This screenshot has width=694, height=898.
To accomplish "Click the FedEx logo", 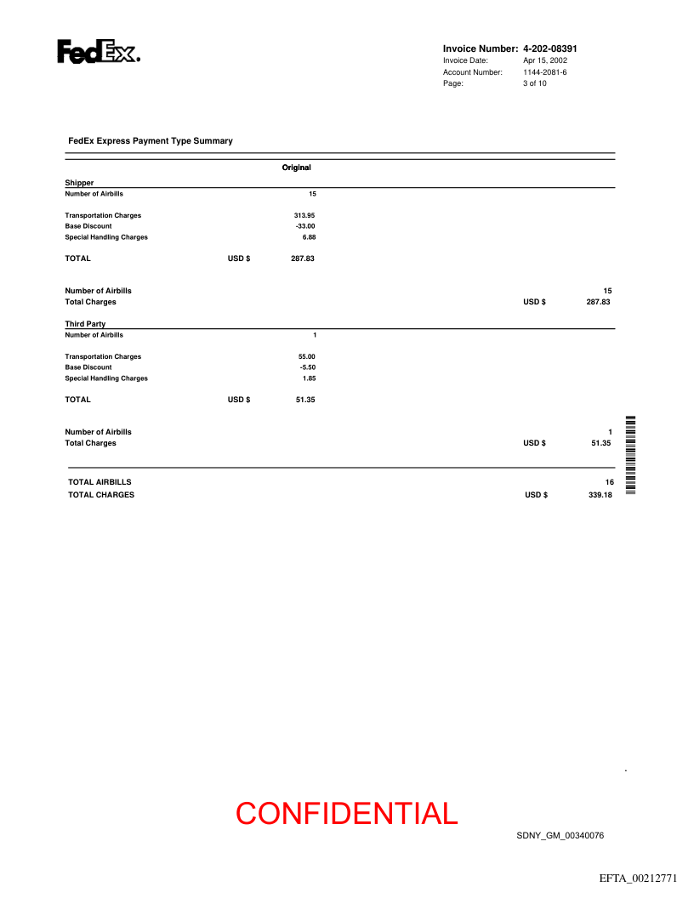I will [99, 52].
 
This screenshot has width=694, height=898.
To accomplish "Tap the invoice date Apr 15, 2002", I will [545, 60].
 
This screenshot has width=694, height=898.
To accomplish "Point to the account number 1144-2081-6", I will [544, 72].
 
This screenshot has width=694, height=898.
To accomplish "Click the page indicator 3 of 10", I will [535, 83].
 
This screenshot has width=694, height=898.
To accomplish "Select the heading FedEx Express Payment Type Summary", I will [151, 140].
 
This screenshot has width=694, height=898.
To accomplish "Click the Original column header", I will [297, 168].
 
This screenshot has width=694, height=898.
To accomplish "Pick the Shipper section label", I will [79, 183].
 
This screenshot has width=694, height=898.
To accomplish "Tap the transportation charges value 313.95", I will [304, 215].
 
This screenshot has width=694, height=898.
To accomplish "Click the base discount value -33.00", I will [304, 226].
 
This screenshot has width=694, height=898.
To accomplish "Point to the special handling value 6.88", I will [309, 237].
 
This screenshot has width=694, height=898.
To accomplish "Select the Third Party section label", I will [85, 324].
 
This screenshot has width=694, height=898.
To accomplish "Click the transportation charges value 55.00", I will [306, 356].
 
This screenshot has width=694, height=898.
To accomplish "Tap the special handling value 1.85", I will [309, 378].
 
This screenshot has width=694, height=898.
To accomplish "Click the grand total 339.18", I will [600, 495].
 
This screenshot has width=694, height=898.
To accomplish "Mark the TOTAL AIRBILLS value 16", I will [609, 482].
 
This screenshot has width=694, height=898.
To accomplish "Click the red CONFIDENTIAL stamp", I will [347, 814].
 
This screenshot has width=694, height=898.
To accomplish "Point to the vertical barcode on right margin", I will [631, 456].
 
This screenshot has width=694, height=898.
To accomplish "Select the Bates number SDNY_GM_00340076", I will [560, 836].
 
